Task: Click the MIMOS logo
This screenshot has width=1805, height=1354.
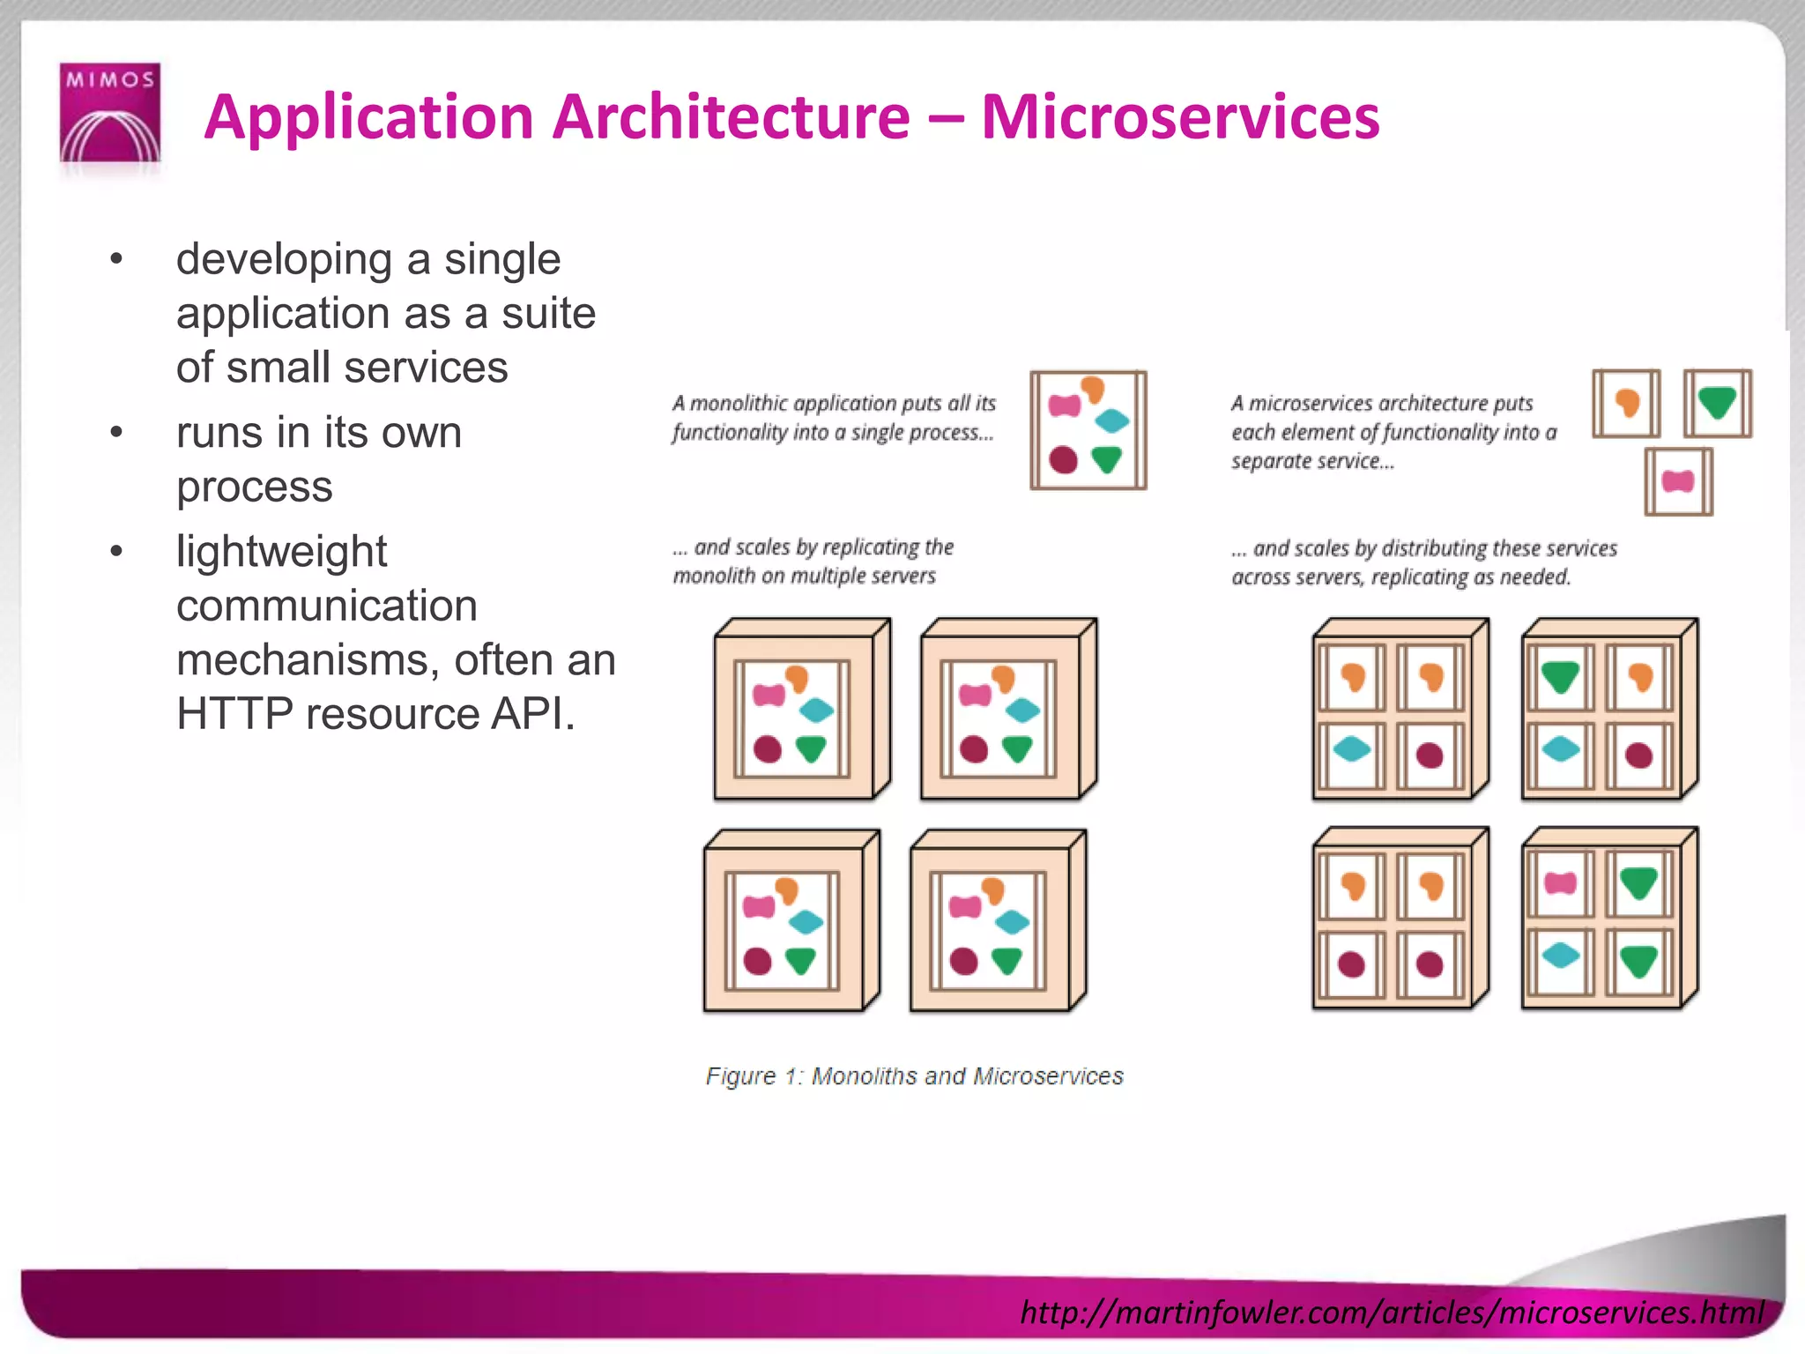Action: [109, 113]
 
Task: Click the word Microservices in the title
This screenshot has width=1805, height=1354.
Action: [1180, 116]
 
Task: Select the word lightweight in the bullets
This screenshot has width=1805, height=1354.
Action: [281, 552]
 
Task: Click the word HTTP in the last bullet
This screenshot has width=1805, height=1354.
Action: [234, 713]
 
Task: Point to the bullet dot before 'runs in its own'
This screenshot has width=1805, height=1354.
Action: [116, 433]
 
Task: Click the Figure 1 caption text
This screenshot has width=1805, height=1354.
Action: [914, 1076]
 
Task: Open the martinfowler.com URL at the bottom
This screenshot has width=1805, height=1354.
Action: [1392, 1312]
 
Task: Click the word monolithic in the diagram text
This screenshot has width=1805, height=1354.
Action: [739, 403]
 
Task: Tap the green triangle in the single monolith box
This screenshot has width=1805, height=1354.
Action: [1106, 459]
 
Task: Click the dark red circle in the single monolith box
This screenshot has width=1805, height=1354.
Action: [1064, 459]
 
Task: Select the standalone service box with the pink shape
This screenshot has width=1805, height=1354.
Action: [1678, 481]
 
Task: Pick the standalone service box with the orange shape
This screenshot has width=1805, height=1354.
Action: [1626, 404]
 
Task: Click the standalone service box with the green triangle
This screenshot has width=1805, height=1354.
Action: [1717, 404]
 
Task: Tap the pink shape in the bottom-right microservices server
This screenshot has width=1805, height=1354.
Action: [1560, 883]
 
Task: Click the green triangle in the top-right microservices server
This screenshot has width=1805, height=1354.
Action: [1560, 677]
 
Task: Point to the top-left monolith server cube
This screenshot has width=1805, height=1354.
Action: [801, 710]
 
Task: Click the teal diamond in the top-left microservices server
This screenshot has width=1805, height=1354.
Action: [1352, 750]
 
